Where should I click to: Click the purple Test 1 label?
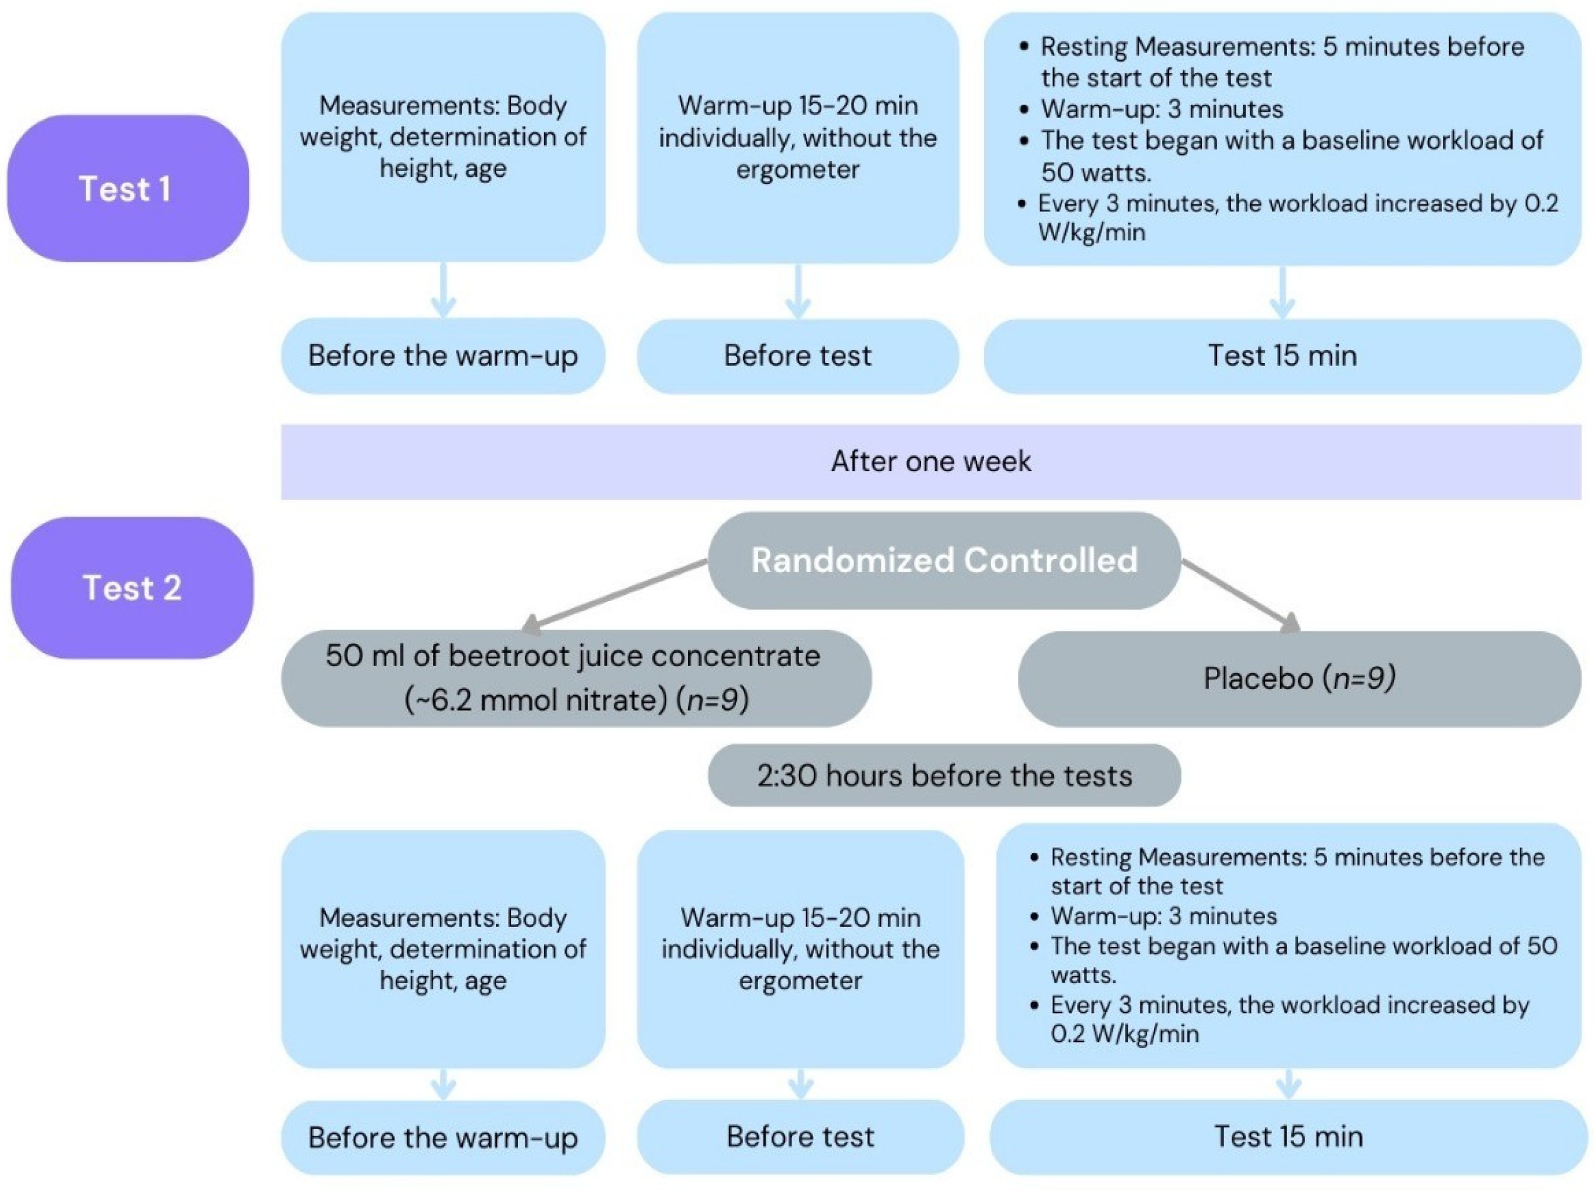[127, 189]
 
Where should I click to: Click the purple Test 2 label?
[132, 588]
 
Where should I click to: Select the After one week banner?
[930, 461]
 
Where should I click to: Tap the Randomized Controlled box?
[944, 560]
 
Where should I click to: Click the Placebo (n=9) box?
[1299, 678]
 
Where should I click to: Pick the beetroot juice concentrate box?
[575, 678]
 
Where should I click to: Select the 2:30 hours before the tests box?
[944, 775]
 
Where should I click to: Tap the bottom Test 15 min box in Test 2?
[1288, 1137]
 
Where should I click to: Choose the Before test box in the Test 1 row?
[797, 356]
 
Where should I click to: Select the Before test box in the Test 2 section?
[800, 1137]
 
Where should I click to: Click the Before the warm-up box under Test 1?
[442, 356]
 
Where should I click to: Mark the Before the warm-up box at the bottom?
[442, 1138]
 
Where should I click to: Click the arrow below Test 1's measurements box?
[442, 291]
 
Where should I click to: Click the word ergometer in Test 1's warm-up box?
[797, 170]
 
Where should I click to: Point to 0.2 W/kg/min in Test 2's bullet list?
[1125, 1034]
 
